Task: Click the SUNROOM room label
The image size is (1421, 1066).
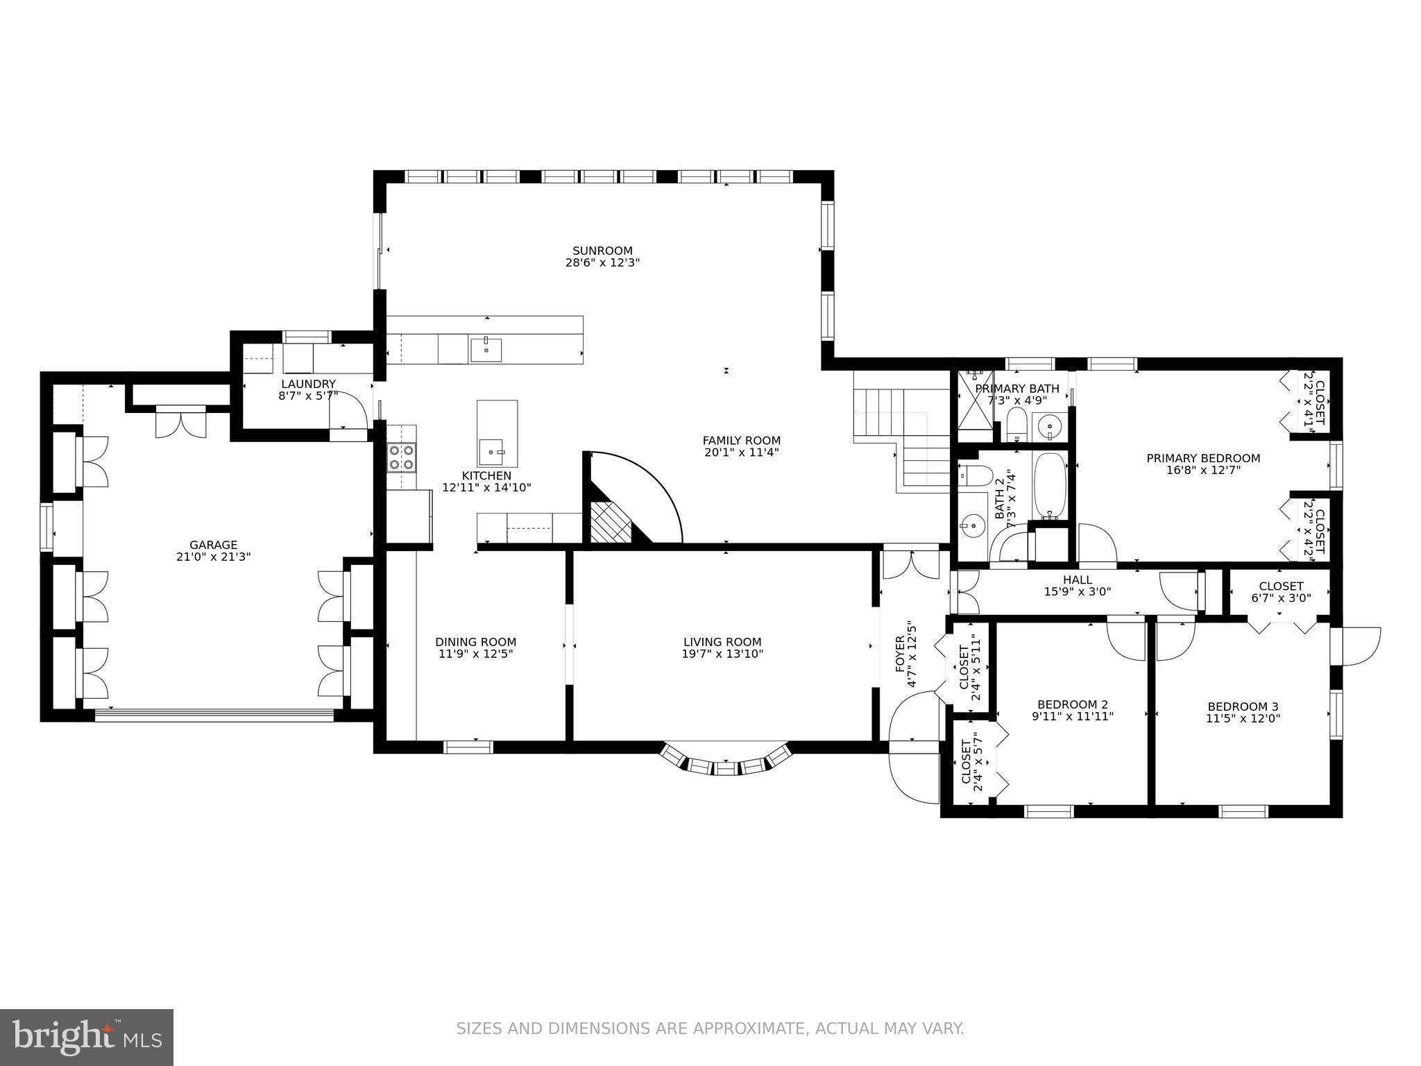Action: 602,251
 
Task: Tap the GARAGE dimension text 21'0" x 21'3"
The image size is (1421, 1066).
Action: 214,557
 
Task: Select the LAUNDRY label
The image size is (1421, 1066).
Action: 308,384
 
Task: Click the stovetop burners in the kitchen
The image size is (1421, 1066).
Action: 401,457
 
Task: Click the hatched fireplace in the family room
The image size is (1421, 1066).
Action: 611,522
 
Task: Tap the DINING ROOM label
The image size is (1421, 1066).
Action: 476,642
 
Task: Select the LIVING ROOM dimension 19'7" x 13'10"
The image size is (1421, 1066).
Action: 722,654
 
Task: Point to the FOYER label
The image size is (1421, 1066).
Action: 900,654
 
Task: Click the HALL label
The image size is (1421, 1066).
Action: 1078,580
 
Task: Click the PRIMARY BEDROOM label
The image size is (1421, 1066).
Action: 1203,458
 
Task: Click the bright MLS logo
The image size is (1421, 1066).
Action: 87,1037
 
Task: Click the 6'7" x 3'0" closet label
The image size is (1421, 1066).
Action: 1281,598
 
